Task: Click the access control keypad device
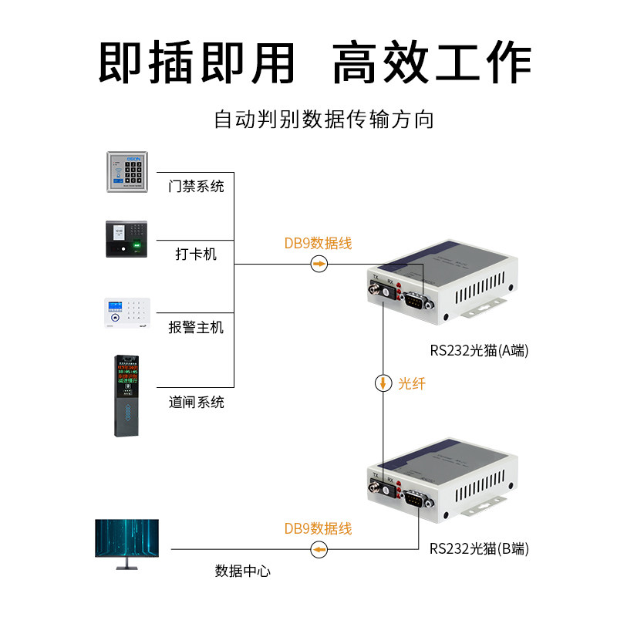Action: (131, 171)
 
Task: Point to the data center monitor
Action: (126, 542)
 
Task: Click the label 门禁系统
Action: (197, 186)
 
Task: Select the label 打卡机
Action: (196, 254)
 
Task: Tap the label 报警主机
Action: (197, 327)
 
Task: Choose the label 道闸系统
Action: (197, 402)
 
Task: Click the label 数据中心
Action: (243, 571)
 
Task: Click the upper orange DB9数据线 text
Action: (318, 244)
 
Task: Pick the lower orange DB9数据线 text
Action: (318, 529)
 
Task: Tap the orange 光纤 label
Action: (411, 383)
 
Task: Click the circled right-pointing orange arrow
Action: (319, 265)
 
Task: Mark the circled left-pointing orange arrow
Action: (319, 549)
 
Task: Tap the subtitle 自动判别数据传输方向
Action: (324, 120)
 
